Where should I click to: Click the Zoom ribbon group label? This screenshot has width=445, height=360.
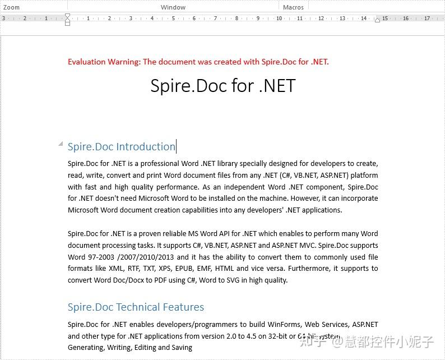11,7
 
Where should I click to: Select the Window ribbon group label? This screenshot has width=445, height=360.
173,7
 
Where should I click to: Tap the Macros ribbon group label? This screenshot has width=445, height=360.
293,7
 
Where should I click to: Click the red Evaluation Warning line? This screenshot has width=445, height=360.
198,62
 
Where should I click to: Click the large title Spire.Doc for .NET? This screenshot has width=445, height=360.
222,86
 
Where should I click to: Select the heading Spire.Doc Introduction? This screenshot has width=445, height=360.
121,147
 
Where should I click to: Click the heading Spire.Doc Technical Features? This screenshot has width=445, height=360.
136,307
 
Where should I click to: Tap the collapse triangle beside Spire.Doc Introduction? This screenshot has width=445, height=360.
61,144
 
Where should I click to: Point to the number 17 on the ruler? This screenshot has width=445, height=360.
427,19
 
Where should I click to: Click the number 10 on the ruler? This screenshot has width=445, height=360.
279,19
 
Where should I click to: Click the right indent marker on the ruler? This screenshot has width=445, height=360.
377,20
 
